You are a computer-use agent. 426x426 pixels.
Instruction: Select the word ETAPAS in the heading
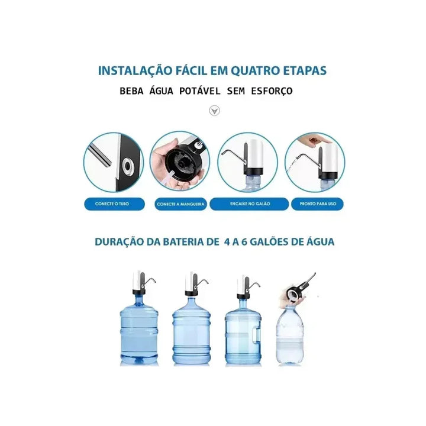click(x=306, y=70)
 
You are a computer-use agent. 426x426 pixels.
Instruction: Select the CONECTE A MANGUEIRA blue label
click(x=180, y=204)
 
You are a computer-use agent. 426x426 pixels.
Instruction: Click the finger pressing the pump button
click(x=306, y=140)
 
